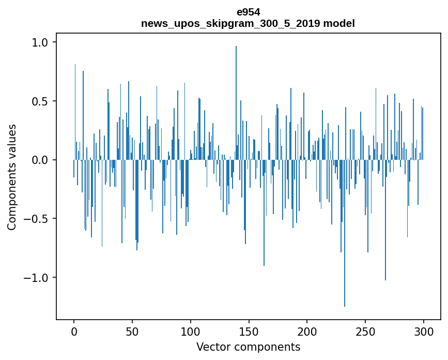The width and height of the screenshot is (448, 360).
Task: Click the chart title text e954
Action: tap(248, 12)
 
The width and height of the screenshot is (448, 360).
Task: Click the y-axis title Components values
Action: tap(12, 177)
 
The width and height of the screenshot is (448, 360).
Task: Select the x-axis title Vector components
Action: tap(248, 347)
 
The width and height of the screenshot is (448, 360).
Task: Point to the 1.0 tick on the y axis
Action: tap(40, 42)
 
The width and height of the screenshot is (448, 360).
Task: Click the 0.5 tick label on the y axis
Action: tap(40, 101)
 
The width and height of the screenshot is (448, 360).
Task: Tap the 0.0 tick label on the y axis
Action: tap(40, 160)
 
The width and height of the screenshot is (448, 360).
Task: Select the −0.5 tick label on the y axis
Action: tap(36, 219)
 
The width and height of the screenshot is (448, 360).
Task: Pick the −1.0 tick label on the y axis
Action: tap(36, 278)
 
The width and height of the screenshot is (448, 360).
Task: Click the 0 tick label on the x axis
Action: tap(74, 331)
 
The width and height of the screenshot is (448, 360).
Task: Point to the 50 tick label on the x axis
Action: tap(132, 331)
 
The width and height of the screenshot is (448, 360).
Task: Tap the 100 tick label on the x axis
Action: tap(191, 331)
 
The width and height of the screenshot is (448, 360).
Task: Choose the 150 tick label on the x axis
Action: tap(249, 331)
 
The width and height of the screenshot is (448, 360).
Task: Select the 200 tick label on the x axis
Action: tap(307, 331)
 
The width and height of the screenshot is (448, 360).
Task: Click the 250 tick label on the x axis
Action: tap(366, 331)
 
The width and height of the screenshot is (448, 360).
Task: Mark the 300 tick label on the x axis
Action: tap(424, 331)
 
